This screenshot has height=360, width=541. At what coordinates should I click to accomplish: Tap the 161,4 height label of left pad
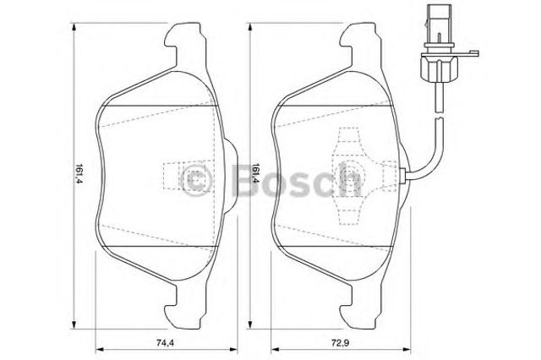pos(79,173)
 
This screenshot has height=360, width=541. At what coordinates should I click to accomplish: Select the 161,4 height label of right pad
pos(255,173)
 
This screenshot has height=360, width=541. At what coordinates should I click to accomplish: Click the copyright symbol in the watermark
pos(195,179)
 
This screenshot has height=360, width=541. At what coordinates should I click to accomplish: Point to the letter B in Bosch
pos(244,179)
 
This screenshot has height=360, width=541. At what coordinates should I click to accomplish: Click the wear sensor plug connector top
pos(438,25)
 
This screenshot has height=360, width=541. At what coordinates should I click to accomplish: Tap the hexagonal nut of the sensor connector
pos(439,68)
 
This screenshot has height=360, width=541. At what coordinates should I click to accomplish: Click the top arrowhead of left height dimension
pos(74,27)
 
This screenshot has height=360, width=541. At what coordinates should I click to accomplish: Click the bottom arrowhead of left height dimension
pos(74,324)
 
